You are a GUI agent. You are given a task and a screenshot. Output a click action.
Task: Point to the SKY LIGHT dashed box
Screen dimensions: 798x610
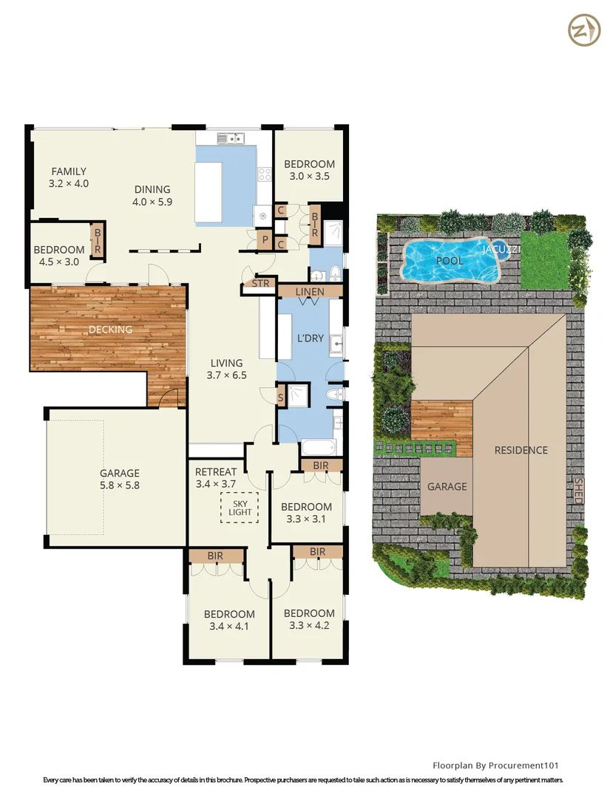(x=240, y=507)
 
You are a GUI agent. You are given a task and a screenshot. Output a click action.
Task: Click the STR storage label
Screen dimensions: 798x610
(x=261, y=283)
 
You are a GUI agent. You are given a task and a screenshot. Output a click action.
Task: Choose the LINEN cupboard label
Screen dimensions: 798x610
(x=310, y=292)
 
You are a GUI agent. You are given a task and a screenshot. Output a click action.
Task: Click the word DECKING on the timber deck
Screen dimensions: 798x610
(x=110, y=330)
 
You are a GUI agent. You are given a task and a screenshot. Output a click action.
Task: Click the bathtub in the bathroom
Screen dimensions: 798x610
(x=319, y=448)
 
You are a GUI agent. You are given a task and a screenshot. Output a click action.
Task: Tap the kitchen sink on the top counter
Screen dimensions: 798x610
(x=231, y=138)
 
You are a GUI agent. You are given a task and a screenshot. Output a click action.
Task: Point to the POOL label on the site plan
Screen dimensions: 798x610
(x=450, y=261)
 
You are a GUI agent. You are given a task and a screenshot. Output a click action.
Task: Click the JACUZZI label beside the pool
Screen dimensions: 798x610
(x=501, y=250)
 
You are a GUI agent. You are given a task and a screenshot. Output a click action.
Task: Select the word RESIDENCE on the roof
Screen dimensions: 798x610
(x=521, y=450)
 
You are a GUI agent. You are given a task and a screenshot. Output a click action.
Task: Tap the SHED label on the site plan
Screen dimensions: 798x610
(x=578, y=490)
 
